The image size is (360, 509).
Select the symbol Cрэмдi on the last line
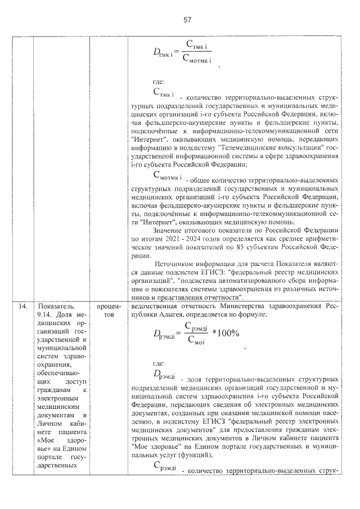pyautogui.click(x=165, y=467)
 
